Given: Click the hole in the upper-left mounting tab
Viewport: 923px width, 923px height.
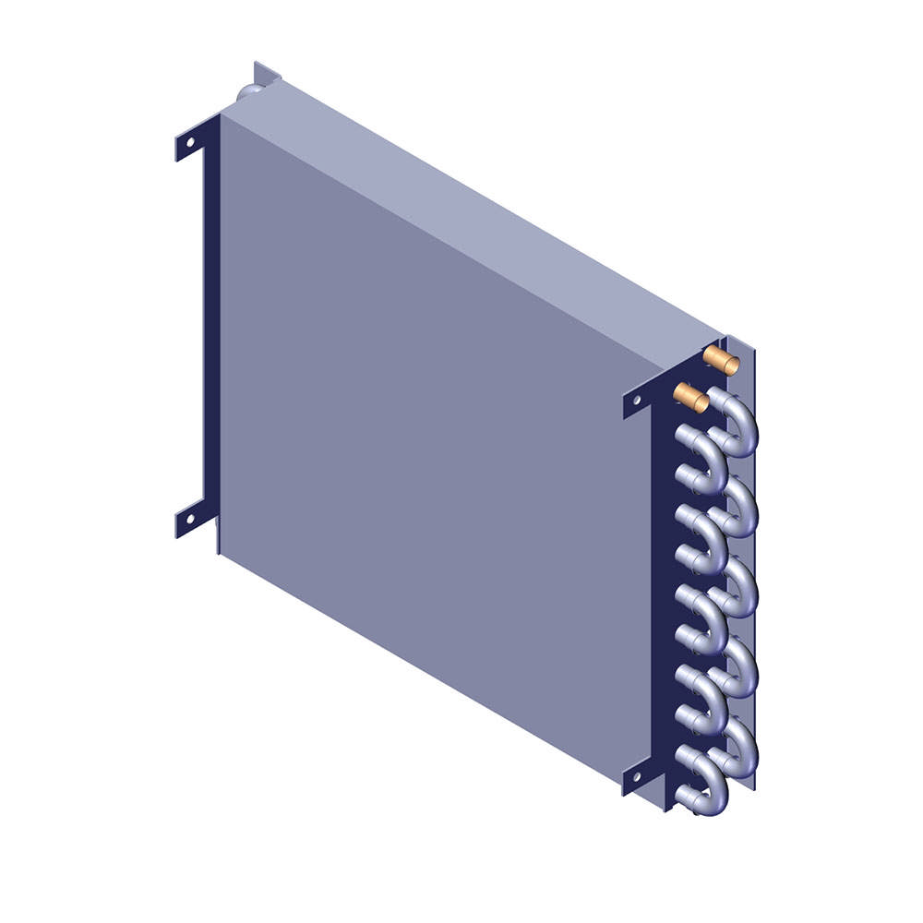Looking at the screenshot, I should tap(190, 142).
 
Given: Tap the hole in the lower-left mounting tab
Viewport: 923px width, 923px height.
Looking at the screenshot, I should tap(190, 519).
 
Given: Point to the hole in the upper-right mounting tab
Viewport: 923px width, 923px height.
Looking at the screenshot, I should tap(637, 399).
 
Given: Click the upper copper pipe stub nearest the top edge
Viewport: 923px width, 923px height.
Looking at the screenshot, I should tap(721, 360).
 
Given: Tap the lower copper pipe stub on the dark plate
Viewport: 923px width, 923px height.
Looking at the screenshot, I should tap(691, 398).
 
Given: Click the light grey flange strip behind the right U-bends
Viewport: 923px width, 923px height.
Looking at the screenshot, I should tap(749, 554).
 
